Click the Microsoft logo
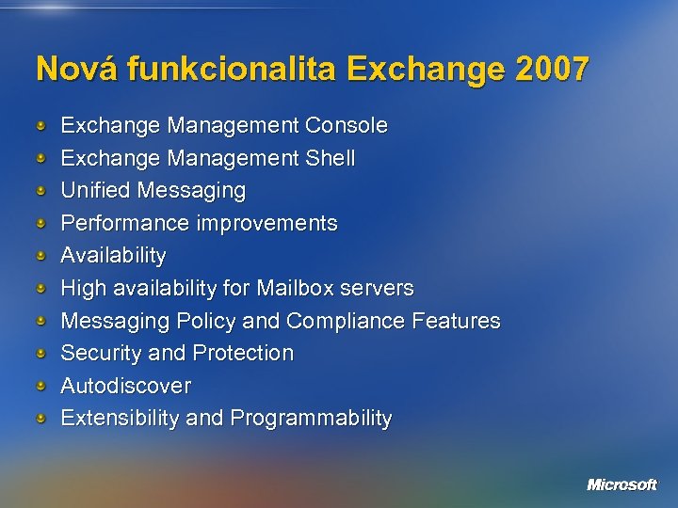(x=621, y=484)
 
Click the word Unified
(x=95, y=190)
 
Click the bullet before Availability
(x=40, y=256)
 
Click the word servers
(x=381, y=288)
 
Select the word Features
(x=456, y=321)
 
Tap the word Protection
(x=243, y=353)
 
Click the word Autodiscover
(x=125, y=386)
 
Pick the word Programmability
(x=310, y=419)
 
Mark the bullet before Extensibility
(x=40, y=418)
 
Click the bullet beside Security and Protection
(x=40, y=353)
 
